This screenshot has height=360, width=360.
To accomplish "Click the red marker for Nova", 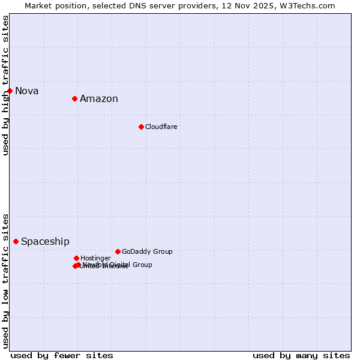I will tap(10, 91).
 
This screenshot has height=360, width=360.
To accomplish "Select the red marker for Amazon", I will tap(74, 98).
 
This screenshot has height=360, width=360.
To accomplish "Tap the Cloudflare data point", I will tap(141, 127).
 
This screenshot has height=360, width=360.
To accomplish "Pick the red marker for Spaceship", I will tap(16, 241).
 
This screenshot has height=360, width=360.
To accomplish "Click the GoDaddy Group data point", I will tap(118, 251).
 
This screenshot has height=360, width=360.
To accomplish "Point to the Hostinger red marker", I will tap(76, 258).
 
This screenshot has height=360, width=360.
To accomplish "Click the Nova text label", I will tap(27, 91).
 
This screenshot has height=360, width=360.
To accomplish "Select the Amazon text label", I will tap(99, 99).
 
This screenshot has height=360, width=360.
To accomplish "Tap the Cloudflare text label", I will tap(161, 127).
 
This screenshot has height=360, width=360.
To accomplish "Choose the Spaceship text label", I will tap(45, 242).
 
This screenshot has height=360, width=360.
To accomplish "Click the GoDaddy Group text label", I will tap(147, 252).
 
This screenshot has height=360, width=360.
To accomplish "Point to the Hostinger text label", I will tap(95, 259).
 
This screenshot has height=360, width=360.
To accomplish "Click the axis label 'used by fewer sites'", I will tap(62, 355).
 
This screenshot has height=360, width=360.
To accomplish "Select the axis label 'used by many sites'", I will tap(301, 355).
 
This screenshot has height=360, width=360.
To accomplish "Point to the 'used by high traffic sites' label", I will tap(5, 85).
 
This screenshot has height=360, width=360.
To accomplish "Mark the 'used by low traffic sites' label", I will tap(5, 280).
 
